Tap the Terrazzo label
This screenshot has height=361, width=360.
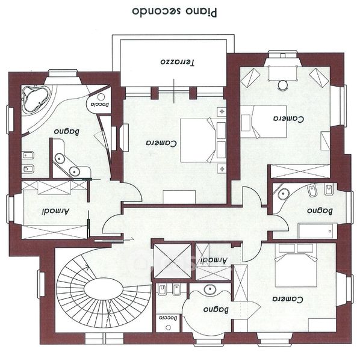click(178, 62)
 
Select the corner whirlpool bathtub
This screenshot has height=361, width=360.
click(36, 99)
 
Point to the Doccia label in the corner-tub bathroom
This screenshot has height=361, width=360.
click(99, 104)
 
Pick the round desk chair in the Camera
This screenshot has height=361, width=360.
click(282, 85)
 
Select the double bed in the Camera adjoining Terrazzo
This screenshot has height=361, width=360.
click(198, 140)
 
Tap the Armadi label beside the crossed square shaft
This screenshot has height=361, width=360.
click(214, 260)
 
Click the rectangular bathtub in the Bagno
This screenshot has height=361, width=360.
click(317, 230)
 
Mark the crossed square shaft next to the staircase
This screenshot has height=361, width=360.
click(172, 261)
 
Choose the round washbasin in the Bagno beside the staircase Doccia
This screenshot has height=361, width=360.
click(210, 289)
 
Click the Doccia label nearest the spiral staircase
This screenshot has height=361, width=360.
click(168, 318)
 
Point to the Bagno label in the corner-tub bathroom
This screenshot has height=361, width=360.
click(67, 132)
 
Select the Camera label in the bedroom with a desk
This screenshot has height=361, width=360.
click(288, 119)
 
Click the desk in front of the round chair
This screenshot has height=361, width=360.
click(282, 73)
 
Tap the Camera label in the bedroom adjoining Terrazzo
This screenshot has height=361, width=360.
click(161, 143)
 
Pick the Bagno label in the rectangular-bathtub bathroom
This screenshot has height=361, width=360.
click(320, 211)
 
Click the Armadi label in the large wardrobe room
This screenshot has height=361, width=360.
click(55, 212)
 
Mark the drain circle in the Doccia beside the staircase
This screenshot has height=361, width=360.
click(169, 327)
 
